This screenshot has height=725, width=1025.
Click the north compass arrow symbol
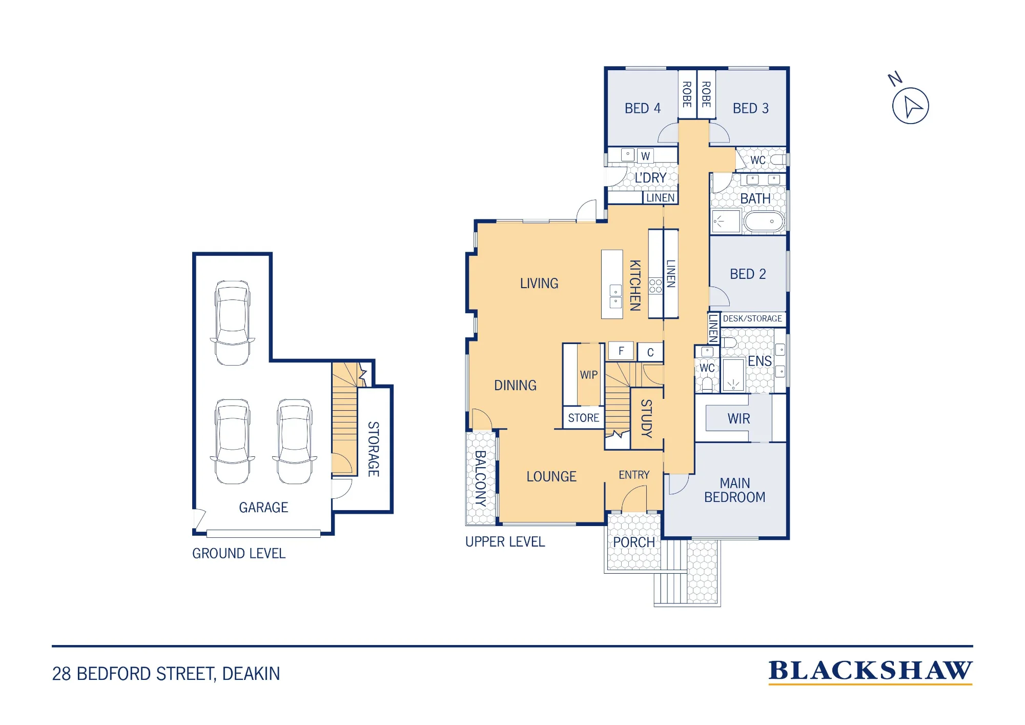910,106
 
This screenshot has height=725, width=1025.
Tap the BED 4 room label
643,108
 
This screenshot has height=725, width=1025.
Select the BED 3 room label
751,108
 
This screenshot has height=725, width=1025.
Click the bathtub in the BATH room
764,221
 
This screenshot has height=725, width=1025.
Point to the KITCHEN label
635,285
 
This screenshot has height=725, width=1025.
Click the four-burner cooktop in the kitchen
655,286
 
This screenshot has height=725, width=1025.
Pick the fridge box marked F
621,351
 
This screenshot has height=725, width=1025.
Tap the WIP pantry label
589,375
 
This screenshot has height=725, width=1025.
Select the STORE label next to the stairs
584,418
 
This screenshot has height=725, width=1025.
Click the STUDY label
647,418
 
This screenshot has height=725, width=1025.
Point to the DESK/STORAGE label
752,318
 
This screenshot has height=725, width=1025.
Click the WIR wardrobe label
739,419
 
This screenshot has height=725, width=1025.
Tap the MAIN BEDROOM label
735,490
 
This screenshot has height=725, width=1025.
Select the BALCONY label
481,478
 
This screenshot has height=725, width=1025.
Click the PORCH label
634,542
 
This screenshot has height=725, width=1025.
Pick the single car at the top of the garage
233,323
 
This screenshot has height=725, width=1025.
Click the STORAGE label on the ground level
374,449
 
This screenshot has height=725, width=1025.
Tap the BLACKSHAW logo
870,672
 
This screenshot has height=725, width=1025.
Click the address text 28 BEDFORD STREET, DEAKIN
166,673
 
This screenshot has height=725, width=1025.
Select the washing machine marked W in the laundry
646,156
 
